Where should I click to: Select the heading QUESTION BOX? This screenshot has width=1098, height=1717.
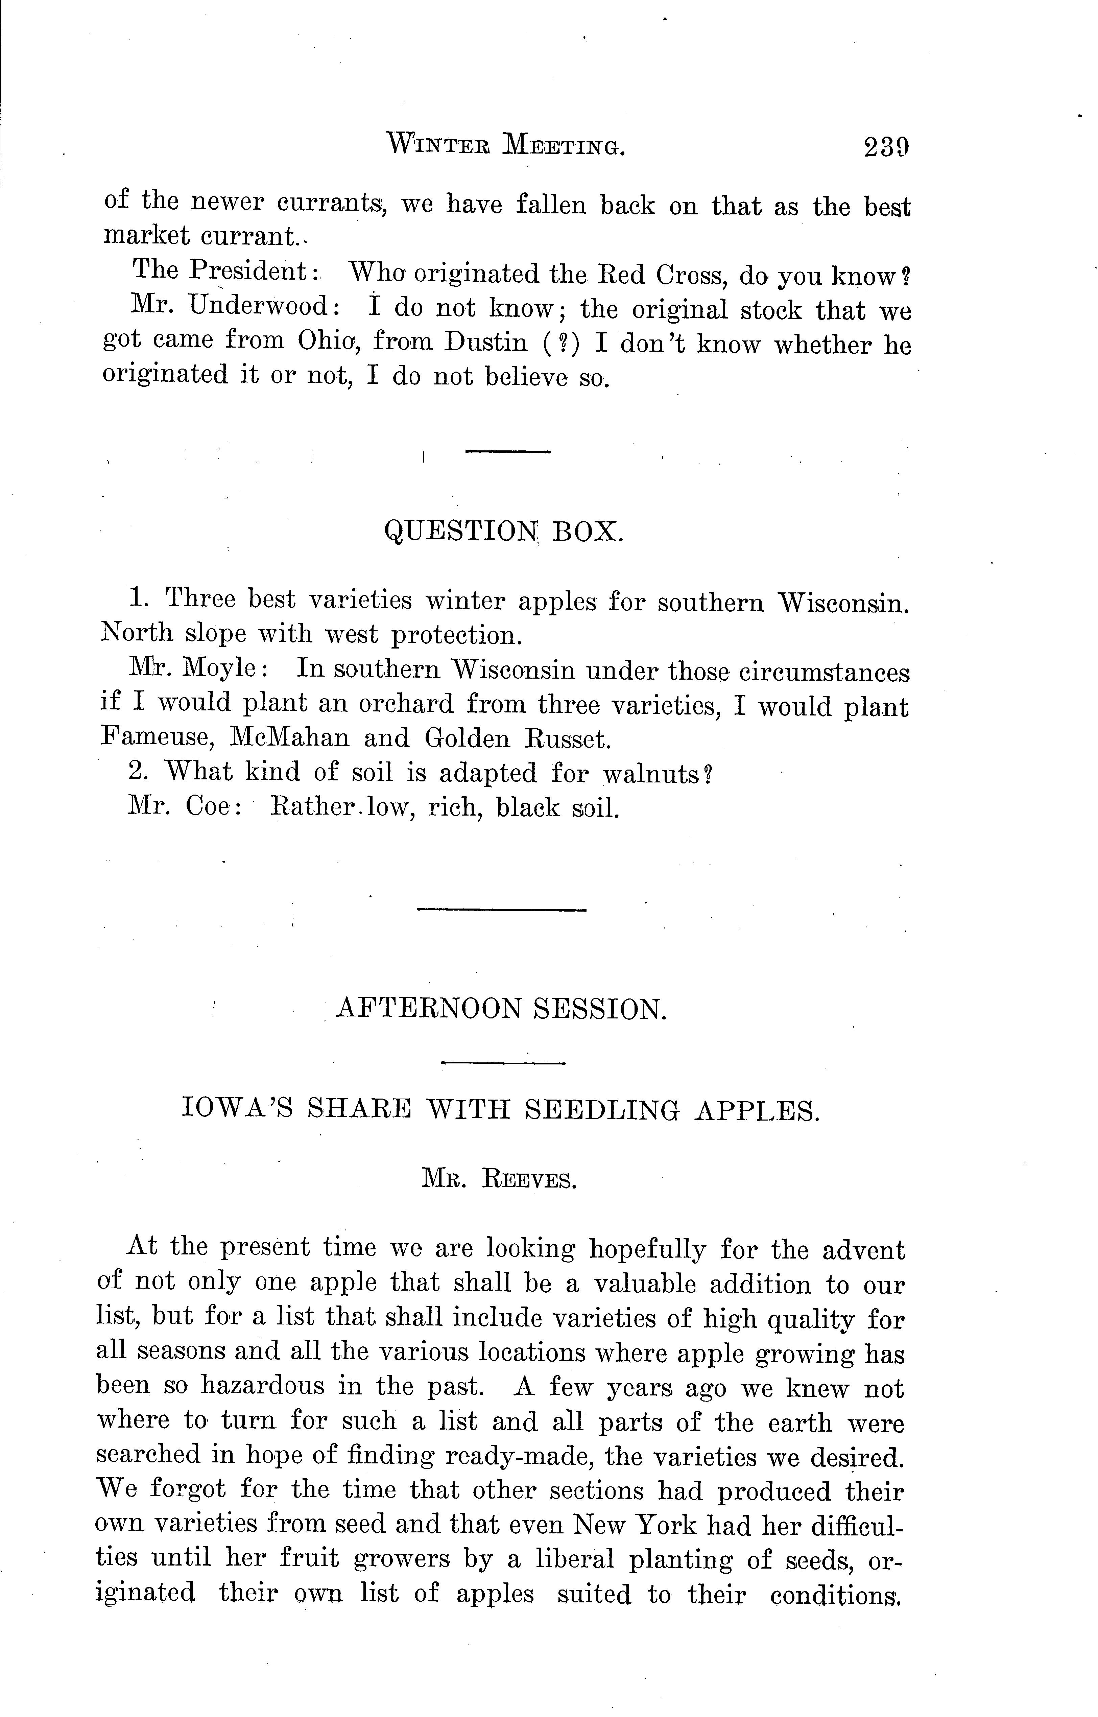click(x=503, y=531)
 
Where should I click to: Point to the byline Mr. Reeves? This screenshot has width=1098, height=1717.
click(x=499, y=1180)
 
